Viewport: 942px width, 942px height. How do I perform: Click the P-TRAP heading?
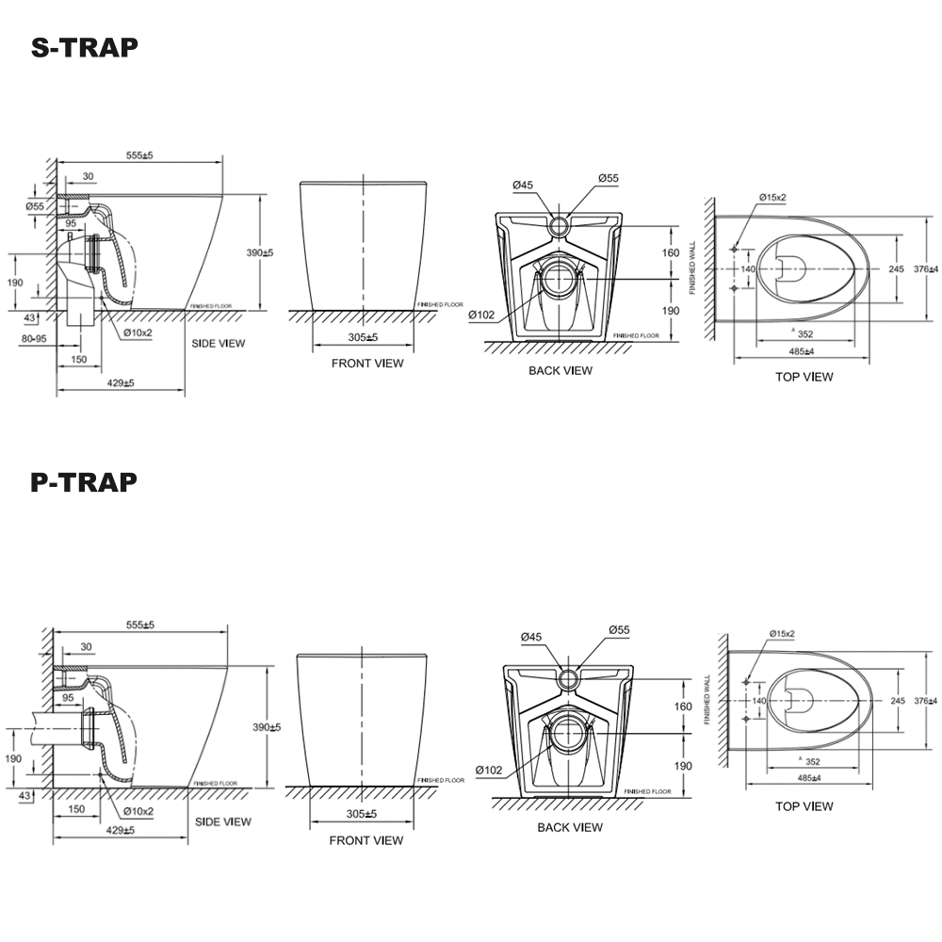click(x=84, y=482)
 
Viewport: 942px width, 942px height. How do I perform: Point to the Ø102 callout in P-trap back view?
click(x=488, y=770)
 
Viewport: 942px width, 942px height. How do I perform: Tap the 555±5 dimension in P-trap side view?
click(x=138, y=625)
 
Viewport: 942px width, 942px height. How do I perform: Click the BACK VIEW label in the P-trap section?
click(x=570, y=827)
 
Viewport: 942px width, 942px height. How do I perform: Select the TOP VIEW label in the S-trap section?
click(x=804, y=377)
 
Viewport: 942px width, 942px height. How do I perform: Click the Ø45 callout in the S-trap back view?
click(x=524, y=186)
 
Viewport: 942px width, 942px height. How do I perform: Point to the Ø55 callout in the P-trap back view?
click(x=620, y=629)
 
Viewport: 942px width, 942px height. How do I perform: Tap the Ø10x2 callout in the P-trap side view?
click(x=138, y=811)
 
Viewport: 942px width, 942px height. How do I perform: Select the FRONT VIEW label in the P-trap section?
click(x=365, y=840)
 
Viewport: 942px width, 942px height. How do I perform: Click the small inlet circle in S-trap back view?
click(x=560, y=225)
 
